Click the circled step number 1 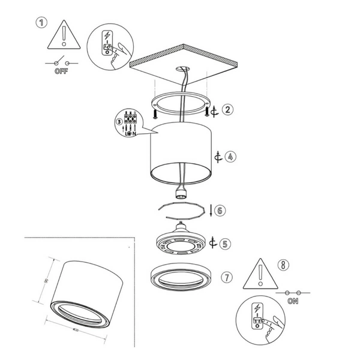[x=41, y=23]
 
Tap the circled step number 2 [x=227, y=110]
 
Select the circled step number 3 [x=119, y=122]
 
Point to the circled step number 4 [x=230, y=157]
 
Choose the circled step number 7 [x=226, y=277]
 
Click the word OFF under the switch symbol [x=61, y=71]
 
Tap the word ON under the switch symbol [x=293, y=301]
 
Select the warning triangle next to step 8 [x=260, y=274]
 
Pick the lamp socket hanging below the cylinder [x=180, y=192]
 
